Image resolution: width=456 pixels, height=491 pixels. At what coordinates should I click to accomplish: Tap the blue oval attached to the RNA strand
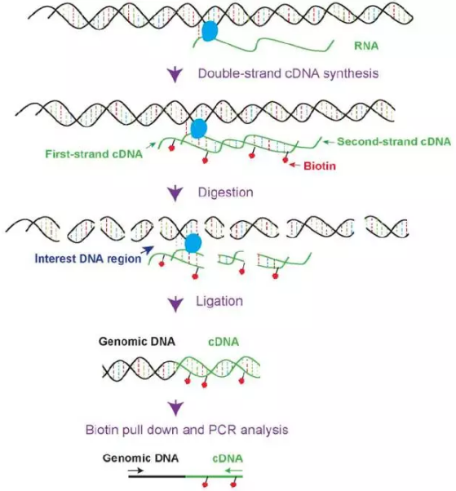tap(210, 31)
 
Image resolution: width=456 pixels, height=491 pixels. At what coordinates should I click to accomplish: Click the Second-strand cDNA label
tap(395, 139)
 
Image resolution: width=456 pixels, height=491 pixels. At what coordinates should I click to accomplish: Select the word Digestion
tap(227, 193)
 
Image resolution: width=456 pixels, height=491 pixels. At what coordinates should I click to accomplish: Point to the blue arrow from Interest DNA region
tap(148, 251)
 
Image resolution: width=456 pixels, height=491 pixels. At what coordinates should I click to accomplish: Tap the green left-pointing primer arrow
tap(237, 471)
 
